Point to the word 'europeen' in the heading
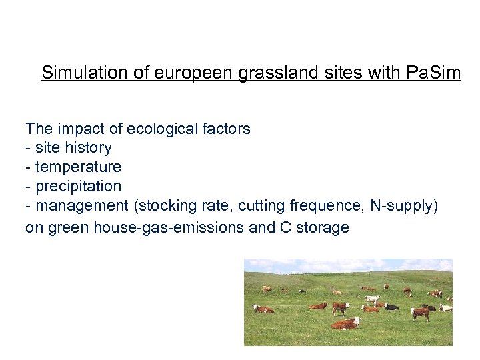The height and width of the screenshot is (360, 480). pyautogui.click(x=196, y=73)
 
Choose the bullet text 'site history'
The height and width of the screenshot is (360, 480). pyautogui.click(x=73, y=147)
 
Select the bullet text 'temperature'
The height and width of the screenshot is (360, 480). pyautogui.click(x=78, y=167)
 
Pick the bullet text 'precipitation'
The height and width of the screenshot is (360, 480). pyautogui.click(x=78, y=186)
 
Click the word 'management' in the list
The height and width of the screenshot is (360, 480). pyautogui.click(x=82, y=206)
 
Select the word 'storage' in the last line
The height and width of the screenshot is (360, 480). pyautogui.click(x=323, y=227)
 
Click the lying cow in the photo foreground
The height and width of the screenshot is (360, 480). pyautogui.click(x=346, y=323)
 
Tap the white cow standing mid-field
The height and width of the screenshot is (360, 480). pyautogui.click(x=372, y=300)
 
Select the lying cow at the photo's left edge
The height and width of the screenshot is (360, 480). pyautogui.click(x=263, y=309)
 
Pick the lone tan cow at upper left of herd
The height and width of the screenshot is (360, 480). pyautogui.click(x=267, y=289)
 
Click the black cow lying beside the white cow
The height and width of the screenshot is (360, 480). pyautogui.click(x=391, y=307)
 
